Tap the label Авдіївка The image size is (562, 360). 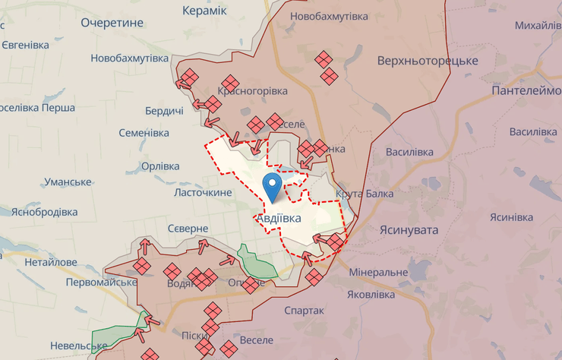(x=278, y=218)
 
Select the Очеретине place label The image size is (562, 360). (x=112, y=23)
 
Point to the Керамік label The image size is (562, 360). (x=205, y=11)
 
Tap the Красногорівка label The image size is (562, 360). (x=253, y=91)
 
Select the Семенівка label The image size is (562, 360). (x=144, y=133)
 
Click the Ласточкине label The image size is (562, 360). (x=203, y=193)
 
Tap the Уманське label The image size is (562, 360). (x=68, y=182)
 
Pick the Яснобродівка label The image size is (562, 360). (x=44, y=212)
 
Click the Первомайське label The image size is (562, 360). (x=101, y=282)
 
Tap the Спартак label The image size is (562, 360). (x=304, y=311)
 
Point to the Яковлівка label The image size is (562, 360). (x=371, y=294)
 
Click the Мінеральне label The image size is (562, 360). (x=379, y=271)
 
